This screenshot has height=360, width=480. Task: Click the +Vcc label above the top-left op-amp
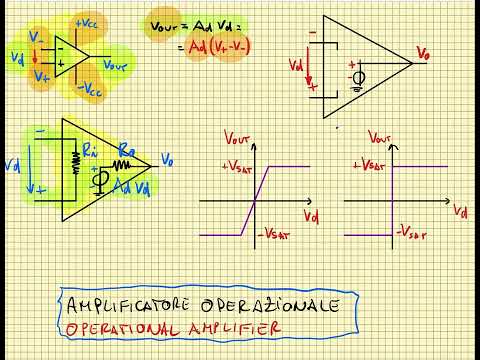click(85, 22)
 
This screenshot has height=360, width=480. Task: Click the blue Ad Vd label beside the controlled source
click(132, 188)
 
